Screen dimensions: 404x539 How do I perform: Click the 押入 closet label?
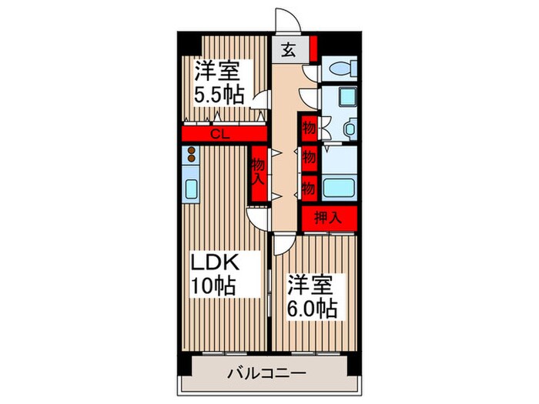tap(327, 218)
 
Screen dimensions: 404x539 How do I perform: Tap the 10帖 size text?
tap(213, 286)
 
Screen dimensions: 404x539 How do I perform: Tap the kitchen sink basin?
tap(190, 189)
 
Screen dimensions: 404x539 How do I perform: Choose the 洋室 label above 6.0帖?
tap(310, 284)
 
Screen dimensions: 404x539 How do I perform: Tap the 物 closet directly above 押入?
tap(309, 186)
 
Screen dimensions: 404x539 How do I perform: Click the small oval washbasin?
tap(348, 129)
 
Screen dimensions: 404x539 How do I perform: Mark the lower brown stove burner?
tap(190, 162)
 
